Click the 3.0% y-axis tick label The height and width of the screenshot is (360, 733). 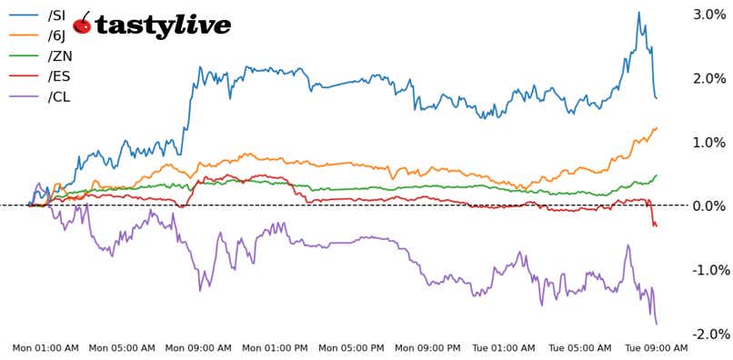pyautogui.click(x=709, y=15)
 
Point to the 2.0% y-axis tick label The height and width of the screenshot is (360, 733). pyautogui.click(x=709, y=78)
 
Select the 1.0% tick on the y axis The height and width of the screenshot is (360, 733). pyautogui.click(x=709, y=143)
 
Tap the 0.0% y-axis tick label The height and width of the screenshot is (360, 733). pyautogui.click(x=709, y=206)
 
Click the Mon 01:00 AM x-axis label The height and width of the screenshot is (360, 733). pyautogui.click(x=45, y=348)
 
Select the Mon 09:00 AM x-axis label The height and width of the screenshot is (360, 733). pyautogui.click(x=198, y=348)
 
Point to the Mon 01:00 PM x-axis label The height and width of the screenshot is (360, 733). pyautogui.click(x=276, y=348)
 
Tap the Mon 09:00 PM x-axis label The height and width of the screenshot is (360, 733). pyautogui.click(x=428, y=348)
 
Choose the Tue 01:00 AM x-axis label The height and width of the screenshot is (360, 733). pyautogui.click(x=504, y=348)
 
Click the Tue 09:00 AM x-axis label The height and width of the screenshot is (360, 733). pyautogui.click(x=657, y=348)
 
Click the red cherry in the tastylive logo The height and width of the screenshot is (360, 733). pyautogui.click(x=82, y=25)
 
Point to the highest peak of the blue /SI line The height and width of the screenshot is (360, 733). pyautogui.click(x=639, y=13)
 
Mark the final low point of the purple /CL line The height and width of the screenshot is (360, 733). pyautogui.click(x=657, y=324)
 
